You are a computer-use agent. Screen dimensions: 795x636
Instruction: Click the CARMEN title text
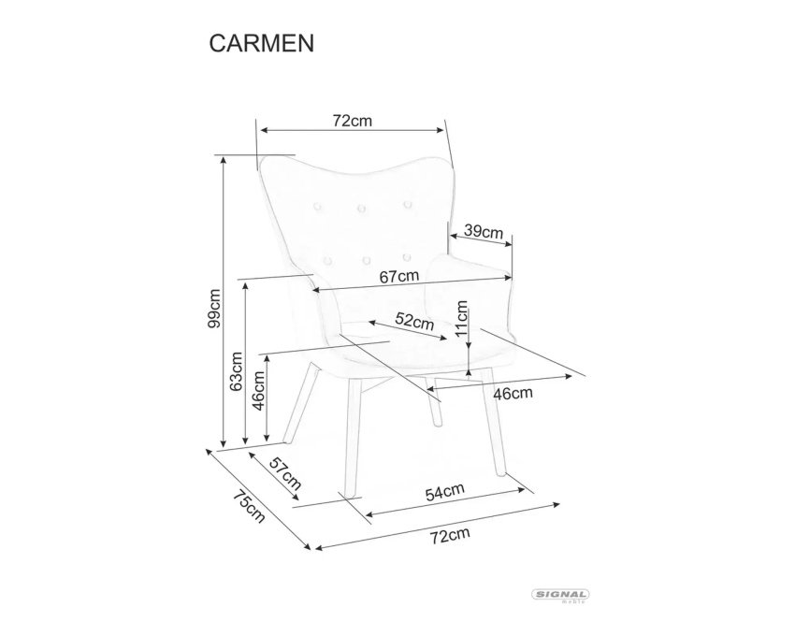(x=262, y=44)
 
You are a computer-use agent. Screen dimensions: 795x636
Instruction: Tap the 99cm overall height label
(x=214, y=308)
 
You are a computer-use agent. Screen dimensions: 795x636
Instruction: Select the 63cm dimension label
(x=237, y=371)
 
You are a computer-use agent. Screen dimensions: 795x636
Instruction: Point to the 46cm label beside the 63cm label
(x=258, y=391)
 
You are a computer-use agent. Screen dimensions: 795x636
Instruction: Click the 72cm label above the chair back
(x=353, y=122)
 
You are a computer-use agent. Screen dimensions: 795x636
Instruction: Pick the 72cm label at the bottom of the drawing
(x=450, y=535)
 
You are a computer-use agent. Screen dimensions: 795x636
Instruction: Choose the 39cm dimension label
(x=484, y=232)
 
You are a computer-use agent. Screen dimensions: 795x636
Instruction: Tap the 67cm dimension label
(x=399, y=277)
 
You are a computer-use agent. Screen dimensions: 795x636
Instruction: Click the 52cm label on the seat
(x=414, y=321)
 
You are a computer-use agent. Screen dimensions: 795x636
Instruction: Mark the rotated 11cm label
(x=461, y=319)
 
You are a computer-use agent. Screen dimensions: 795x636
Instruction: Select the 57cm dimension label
(x=285, y=473)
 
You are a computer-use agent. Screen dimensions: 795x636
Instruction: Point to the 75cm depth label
(x=249, y=507)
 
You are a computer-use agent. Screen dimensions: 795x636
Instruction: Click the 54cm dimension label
(x=444, y=492)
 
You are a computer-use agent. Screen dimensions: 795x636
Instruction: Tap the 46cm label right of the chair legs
(x=513, y=393)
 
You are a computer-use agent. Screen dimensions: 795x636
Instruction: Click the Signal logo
(x=560, y=595)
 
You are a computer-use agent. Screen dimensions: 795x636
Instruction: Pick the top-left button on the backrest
(x=317, y=206)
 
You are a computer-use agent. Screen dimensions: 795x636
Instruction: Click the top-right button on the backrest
(x=407, y=205)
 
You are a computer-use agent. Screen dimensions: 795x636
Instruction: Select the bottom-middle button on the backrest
(x=367, y=260)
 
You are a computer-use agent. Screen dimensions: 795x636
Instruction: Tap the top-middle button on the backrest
(x=361, y=208)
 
